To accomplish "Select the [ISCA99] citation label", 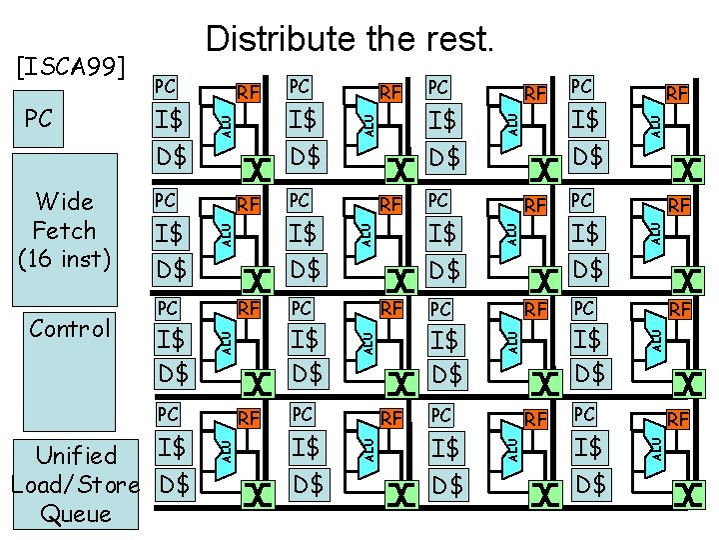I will (x=72, y=67).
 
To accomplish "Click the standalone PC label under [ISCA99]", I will (x=38, y=119).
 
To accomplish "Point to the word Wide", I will (x=63, y=201).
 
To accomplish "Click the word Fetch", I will (x=63, y=230).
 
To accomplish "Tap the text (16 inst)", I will (x=63, y=258).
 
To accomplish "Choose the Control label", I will (x=69, y=329).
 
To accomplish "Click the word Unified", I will (x=76, y=455).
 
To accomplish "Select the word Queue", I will (x=76, y=514).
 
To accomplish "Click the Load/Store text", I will (x=74, y=485).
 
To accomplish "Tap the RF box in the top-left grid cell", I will (x=249, y=94).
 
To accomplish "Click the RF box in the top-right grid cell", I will (x=679, y=94).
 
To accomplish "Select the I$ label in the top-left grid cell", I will (x=172, y=121).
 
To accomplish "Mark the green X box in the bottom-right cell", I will (x=686, y=493).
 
